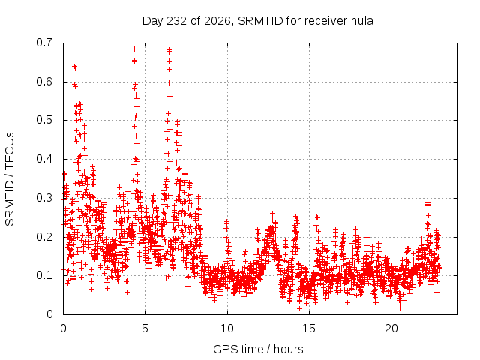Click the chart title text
point(258,21)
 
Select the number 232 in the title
point(176,21)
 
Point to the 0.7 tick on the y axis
point(44,43)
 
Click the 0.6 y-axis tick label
point(44,82)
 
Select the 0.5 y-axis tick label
point(44,120)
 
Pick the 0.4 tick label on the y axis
point(44,159)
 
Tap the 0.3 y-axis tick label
point(44,198)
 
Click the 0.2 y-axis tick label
point(44,237)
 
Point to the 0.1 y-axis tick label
point(44,275)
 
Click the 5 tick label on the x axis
point(145,328)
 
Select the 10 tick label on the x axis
point(227,328)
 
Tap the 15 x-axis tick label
point(309,328)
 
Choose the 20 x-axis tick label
point(391,328)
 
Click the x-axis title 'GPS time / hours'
point(258,349)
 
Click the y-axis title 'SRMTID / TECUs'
point(10,178)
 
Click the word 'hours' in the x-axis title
point(288,349)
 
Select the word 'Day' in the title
point(153,21)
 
